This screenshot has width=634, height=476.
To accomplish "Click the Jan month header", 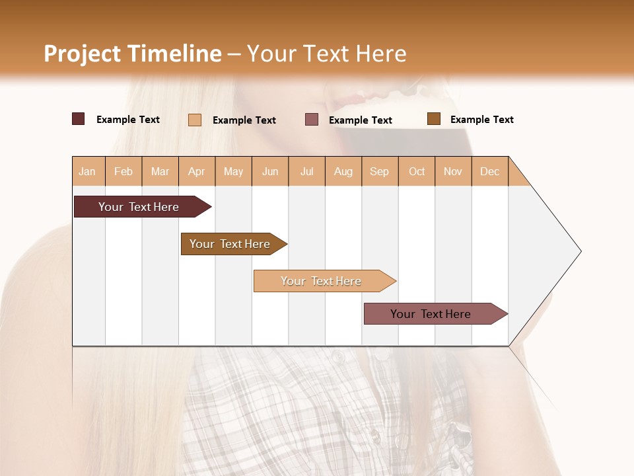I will coord(87,171).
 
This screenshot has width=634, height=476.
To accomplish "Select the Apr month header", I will coord(196,171).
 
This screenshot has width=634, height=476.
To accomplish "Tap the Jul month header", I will coord(306,171).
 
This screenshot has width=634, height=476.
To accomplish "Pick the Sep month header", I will coord(379,171).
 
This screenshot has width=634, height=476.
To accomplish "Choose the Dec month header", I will coord(489,171).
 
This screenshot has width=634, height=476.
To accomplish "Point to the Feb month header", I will coord(123,171).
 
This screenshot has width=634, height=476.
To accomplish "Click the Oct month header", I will coord(417,171).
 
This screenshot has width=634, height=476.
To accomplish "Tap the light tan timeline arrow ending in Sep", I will coord(322,281).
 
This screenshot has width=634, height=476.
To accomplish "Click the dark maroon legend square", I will coord(78,119).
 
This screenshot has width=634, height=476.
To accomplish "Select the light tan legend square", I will coord(194,120).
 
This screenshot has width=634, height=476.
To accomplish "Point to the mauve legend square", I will coord(312,120).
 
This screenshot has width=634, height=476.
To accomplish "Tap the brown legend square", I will coord(433,119).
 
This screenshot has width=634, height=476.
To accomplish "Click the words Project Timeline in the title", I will coord(132,54).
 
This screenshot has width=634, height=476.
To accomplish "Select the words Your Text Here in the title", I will coord(326,54).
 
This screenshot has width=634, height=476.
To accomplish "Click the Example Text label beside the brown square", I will coord(481,120).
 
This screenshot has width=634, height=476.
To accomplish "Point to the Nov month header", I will coord(453,171).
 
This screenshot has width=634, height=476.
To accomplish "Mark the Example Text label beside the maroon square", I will coord(127,120).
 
